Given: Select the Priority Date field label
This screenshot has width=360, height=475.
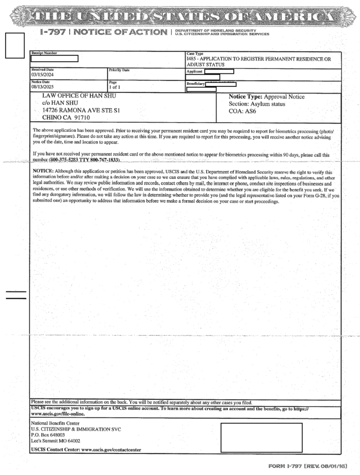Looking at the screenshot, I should [x=119, y=70].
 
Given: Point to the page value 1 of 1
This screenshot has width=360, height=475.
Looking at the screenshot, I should [x=114, y=87].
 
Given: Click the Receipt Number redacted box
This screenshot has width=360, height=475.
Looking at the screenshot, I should [x=55, y=58].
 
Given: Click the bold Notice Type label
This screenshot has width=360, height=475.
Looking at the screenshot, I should [x=245, y=97].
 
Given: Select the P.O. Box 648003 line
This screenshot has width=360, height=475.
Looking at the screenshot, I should [x=48, y=436].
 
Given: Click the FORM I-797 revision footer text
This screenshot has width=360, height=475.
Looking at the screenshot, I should [x=308, y=465].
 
